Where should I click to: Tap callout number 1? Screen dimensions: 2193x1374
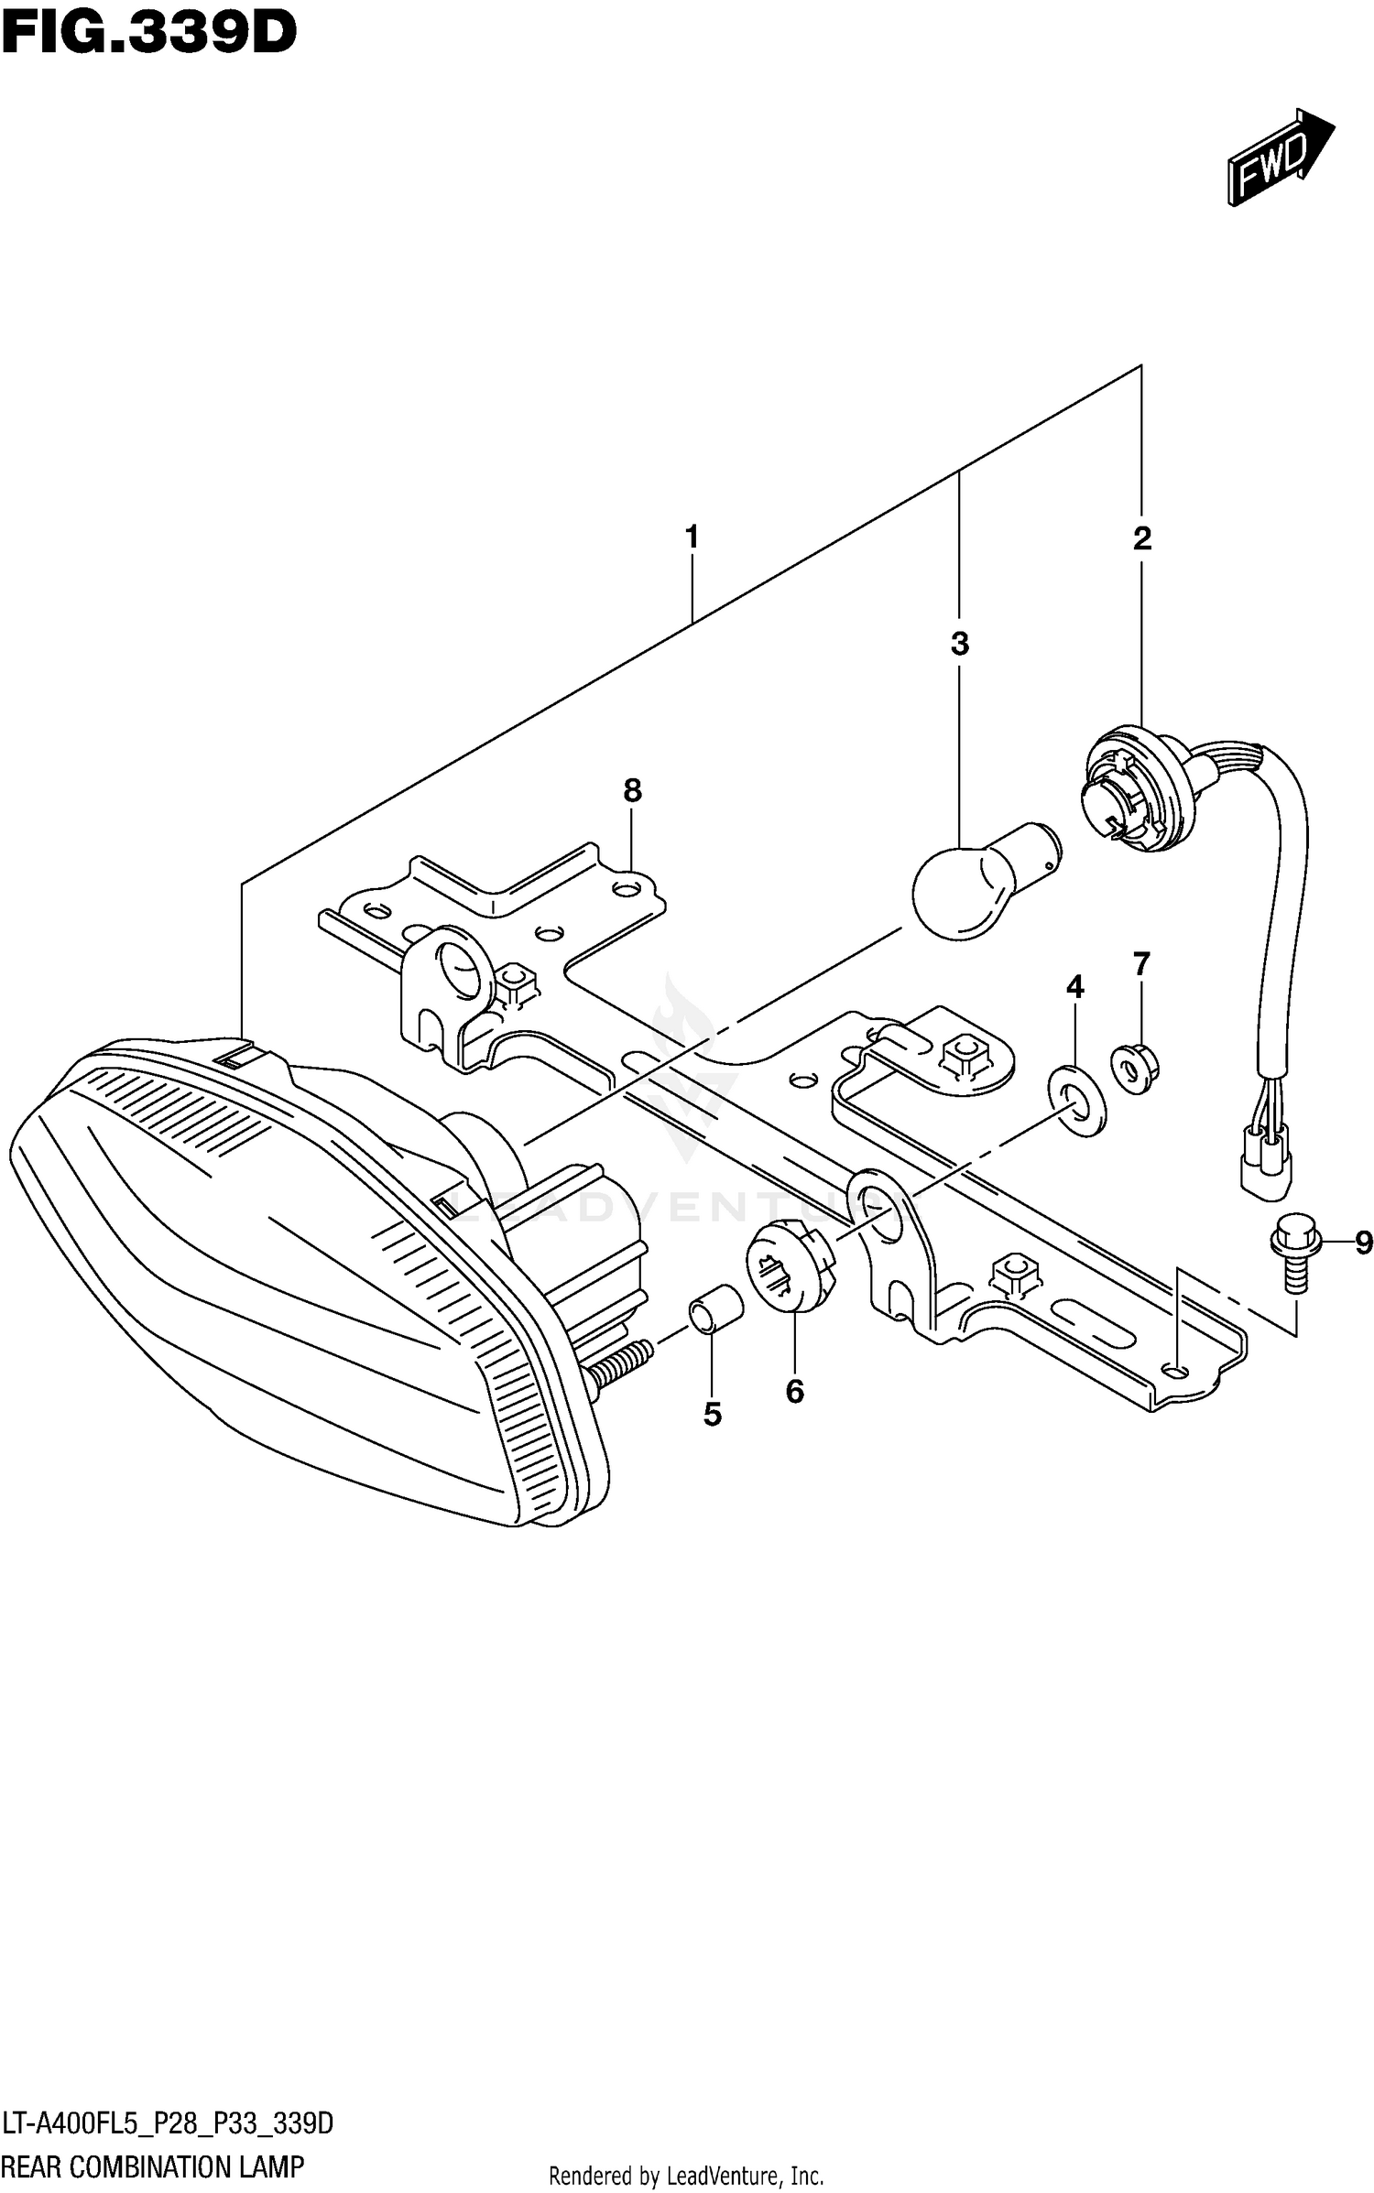click(692, 537)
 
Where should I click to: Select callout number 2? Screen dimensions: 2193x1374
click(1141, 538)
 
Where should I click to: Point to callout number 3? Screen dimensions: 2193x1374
click(959, 644)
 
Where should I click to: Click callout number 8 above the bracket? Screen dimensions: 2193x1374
click(632, 789)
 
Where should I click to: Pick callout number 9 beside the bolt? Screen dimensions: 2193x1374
click(1363, 1243)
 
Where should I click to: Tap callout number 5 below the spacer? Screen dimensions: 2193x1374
click(713, 1415)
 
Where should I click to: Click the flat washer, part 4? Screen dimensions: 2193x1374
click(1076, 1100)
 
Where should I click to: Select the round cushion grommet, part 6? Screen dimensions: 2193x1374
click(791, 1267)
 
